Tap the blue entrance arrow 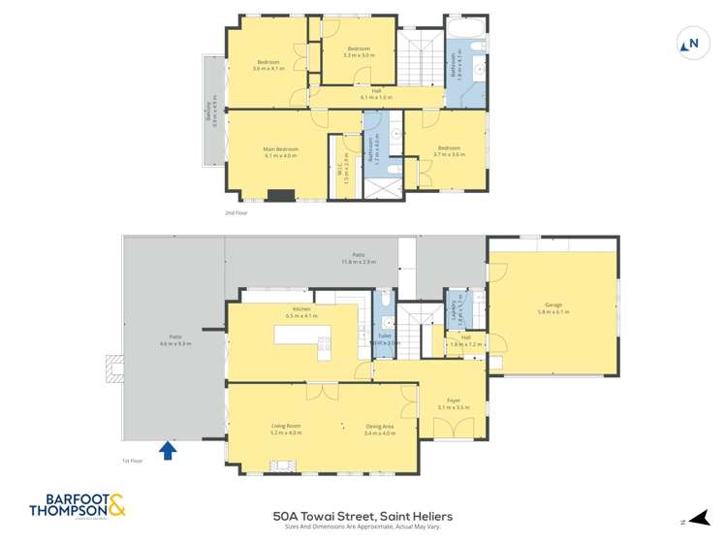point(168,450)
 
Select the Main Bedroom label point(279,151)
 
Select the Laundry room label point(453,309)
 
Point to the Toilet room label point(385,337)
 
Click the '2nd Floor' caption point(236,211)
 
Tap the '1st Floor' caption point(132,461)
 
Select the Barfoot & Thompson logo point(78,505)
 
